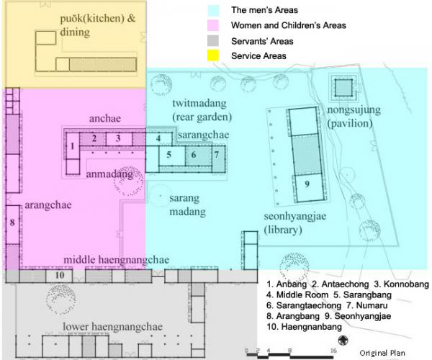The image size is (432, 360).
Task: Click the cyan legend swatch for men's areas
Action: point(213,10)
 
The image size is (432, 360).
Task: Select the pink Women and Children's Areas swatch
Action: point(213,25)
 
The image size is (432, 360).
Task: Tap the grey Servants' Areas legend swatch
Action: point(213,41)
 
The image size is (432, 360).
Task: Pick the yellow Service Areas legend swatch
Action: point(213,55)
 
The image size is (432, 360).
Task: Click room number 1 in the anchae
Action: point(73,145)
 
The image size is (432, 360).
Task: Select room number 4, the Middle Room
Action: point(158,138)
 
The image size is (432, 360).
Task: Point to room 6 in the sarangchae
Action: point(194,155)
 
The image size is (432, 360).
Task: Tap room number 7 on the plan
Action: point(217,155)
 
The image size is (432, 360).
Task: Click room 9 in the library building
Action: point(307,184)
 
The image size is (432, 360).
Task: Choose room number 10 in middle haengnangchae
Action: point(60,275)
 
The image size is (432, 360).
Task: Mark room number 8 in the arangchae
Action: point(12,222)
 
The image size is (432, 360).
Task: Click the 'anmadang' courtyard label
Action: point(109,174)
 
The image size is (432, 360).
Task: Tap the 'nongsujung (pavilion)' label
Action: point(354,116)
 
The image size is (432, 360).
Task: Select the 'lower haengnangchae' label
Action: point(113,326)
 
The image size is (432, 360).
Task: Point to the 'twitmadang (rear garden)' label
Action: point(202,110)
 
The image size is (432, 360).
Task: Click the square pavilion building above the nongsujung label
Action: point(343,88)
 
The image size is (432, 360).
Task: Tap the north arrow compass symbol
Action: point(343,341)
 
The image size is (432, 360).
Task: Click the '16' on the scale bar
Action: point(333,351)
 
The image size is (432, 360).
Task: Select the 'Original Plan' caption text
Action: point(382,353)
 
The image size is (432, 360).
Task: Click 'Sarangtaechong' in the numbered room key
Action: point(309,305)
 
